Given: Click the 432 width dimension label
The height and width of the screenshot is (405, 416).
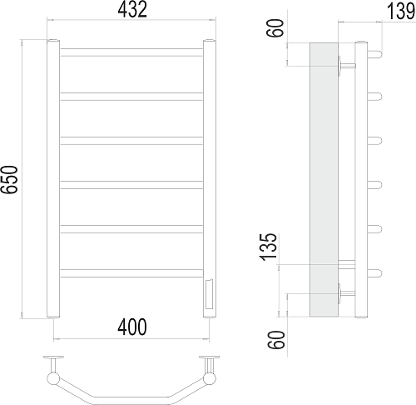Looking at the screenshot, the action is pos(132,9).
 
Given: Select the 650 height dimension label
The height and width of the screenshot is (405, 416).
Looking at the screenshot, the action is pos(9,179).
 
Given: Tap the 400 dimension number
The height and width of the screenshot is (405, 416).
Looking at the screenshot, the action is pos(132,327).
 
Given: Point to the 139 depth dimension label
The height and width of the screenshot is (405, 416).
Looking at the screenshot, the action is pos(400,11).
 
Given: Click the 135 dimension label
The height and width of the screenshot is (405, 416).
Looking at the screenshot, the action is pos(268,247).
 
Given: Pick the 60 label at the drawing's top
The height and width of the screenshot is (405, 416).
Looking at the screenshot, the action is pos(275,27).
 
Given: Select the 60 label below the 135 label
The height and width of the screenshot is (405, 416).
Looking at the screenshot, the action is pos(276,340).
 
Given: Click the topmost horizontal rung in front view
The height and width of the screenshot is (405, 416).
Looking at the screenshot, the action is pos(131,52).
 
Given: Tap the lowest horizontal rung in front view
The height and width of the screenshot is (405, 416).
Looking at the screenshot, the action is pos(131,273).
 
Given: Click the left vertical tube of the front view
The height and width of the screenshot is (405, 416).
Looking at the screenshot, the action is pos(53,178).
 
